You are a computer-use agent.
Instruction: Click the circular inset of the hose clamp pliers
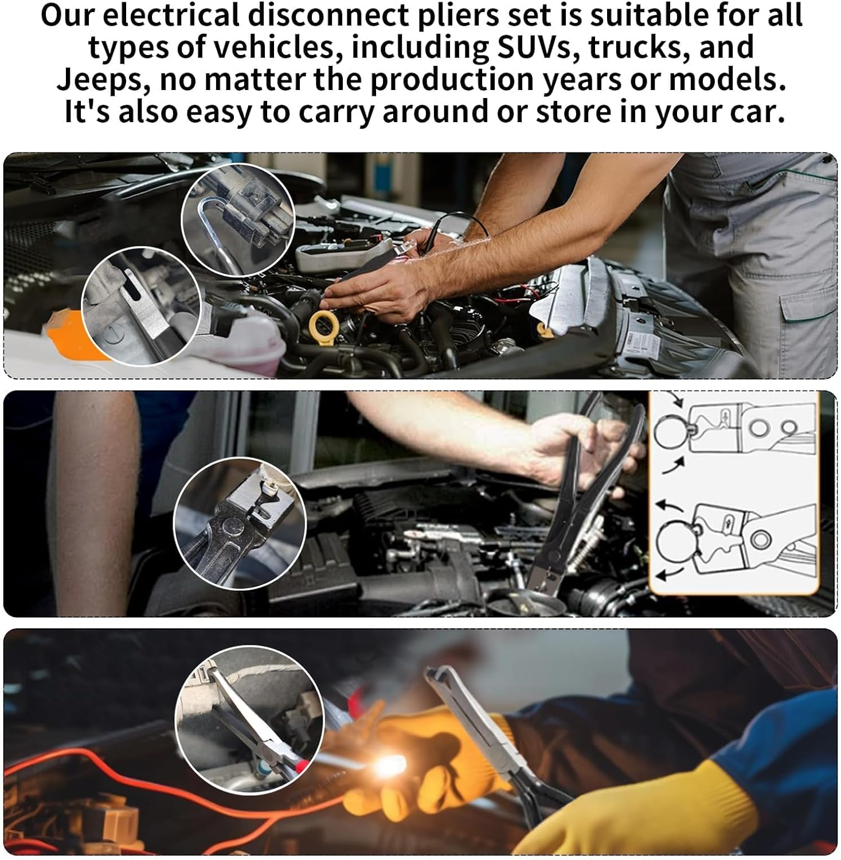pyautogui.click(x=240, y=523)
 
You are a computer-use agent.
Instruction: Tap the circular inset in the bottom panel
pyautogui.click(x=249, y=720)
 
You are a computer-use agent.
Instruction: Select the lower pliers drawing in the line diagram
pyautogui.click(x=737, y=539)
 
